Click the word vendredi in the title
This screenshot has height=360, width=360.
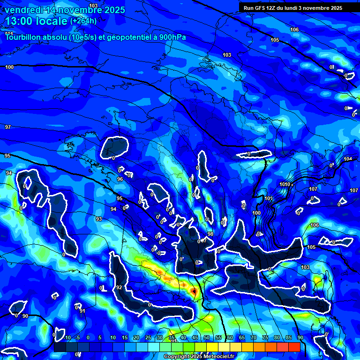[x=23, y=10]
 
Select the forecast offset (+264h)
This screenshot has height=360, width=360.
[x=83, y=21]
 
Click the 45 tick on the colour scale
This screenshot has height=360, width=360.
[x=195, y=338]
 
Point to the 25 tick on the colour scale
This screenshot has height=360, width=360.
[x=148, y=338]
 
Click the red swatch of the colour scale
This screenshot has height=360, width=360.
[x=294, y=347]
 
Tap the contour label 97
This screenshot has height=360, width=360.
[x=8, y=127]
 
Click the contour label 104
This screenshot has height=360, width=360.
[x=347, y=159]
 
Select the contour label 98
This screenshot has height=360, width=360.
[x=210, y=234]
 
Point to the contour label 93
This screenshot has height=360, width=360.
[x=99, y=219]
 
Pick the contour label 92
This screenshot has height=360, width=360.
[x=119, y=287]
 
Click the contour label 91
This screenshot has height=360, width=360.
[x=82, y=311]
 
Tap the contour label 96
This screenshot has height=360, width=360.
[x=120, y=179]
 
